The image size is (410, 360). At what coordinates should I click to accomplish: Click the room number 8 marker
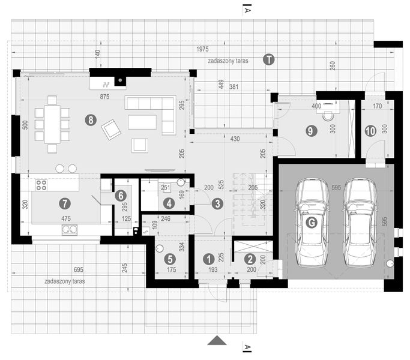pos(91,120)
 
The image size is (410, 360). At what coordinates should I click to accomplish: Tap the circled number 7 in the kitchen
pos(64,204)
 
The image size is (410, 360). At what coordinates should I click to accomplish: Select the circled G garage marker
pos(312,223)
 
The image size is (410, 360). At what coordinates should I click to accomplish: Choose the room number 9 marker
pos(310,130)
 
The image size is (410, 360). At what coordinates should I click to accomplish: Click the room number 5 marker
pos(170,259)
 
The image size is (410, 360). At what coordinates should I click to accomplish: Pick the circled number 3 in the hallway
pos(217,203)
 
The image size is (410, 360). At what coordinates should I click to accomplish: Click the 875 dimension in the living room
pos(104,96)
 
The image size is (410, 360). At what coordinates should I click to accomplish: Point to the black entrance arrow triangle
pos(217,340)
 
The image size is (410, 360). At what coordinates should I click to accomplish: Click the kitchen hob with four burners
pos(41,185)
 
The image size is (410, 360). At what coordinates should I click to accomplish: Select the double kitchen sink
pos(70,229)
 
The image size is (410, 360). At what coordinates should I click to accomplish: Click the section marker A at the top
pos(247,9)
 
